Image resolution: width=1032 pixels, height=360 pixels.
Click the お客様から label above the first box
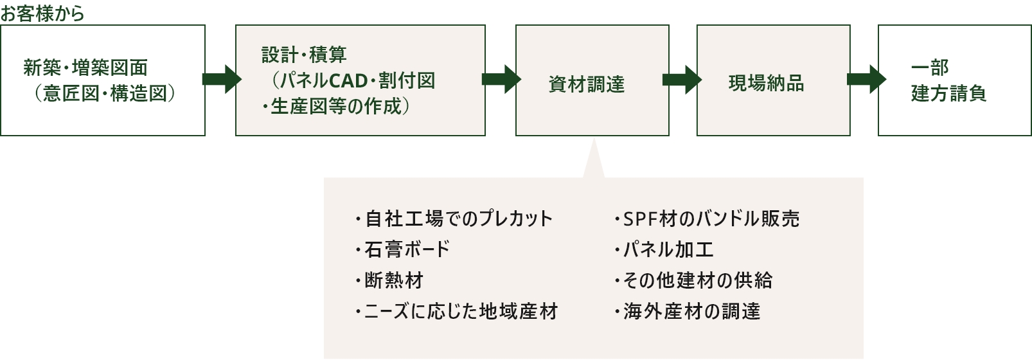point(42,14)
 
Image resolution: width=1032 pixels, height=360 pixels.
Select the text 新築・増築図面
point(85,67)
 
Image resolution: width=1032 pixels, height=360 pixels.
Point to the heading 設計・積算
point(304,55)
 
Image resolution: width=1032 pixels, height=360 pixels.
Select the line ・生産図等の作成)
point(335,107)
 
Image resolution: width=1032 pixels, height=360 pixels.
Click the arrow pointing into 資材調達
point(501,78)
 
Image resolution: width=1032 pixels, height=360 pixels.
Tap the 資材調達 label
point(586,84)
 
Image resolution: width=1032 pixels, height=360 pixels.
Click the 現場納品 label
point(766,84)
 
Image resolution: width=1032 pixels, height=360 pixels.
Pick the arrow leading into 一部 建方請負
point(865,78)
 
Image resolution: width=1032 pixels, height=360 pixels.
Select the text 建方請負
point(948,94)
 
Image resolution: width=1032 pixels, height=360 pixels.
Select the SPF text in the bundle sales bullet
point(641,219)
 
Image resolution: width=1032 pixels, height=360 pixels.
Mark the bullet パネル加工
point(668,249)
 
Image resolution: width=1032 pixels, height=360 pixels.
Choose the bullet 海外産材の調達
point(691,312)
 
